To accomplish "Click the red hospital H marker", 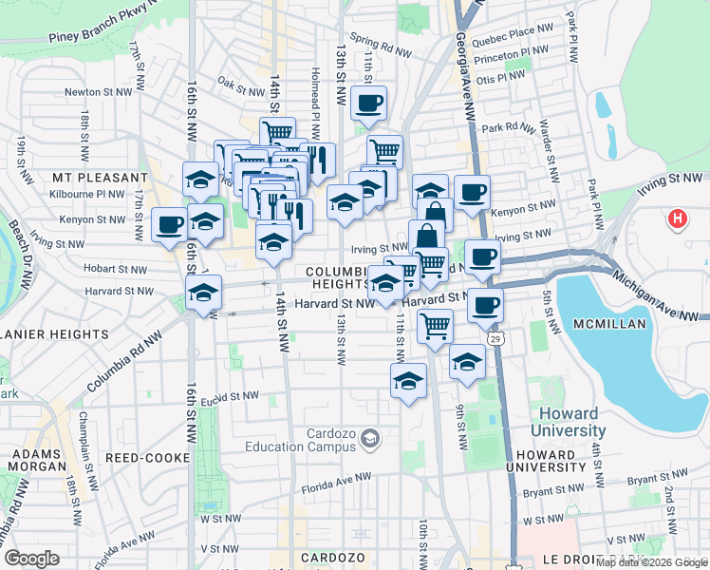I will (677, 219).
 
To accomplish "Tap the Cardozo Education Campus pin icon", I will (371, 438).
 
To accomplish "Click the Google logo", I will (31, 559).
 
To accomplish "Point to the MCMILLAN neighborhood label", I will (610, 324).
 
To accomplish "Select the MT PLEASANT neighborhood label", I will (100, 178).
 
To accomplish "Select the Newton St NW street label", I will (95, 92).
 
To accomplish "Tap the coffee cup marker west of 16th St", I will (170, 225).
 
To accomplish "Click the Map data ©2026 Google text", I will (651, 562).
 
